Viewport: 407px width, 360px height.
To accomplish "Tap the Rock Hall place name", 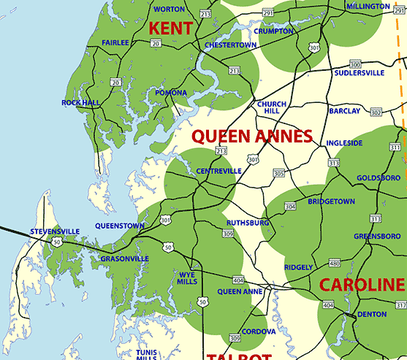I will click(x=80, y=103).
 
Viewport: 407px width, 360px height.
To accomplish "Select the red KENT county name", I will click(x=170, y=28).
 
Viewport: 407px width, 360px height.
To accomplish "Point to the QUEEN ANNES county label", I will click(x=251, y=136).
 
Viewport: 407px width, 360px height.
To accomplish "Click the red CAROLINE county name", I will click(x=362, y=285).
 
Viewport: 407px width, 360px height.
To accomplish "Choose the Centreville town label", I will click(x=218, y=171).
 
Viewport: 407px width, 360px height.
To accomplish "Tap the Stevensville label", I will click(x=55, y=231).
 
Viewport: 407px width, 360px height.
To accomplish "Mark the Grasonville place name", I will click(x=124, y=258).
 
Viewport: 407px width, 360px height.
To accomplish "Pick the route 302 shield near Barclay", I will click(x=376, y=112).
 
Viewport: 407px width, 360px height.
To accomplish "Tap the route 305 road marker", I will click(x=278, y=173).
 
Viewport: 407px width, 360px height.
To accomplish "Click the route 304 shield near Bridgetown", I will click(x=290, y=207).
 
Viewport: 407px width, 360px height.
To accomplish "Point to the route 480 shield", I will click(x=335, y=263).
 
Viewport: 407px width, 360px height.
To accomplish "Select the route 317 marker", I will click(x=401, y=305).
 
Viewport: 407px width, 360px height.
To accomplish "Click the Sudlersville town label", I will click(x=359, y=73).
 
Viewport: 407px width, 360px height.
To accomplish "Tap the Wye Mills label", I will click(x=186, y=278).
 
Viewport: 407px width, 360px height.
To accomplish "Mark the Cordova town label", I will click(x=259, y=331).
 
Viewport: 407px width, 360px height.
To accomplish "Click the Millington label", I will click(x=368, y=7).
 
